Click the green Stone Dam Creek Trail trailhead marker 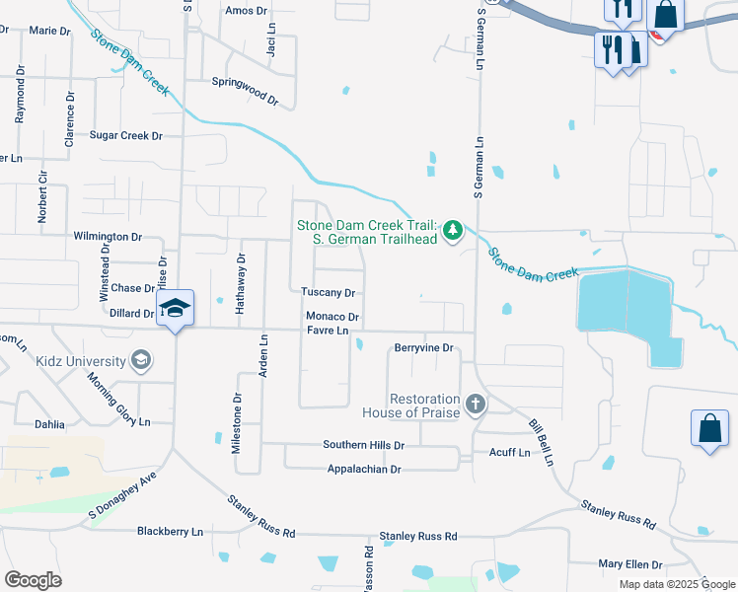point(453,231)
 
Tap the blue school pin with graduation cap point(175,309)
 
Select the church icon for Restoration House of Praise point(476,405)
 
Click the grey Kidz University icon point(142,361)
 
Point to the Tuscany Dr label point(329,293)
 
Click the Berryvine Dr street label point(423,348)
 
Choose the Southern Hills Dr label point(364,445)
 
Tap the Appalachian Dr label point(364,470)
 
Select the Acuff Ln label point(509,453)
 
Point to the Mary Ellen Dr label point(630,564)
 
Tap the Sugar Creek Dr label point(125,135)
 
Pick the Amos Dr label point(247,11)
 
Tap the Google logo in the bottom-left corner point(33,580)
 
